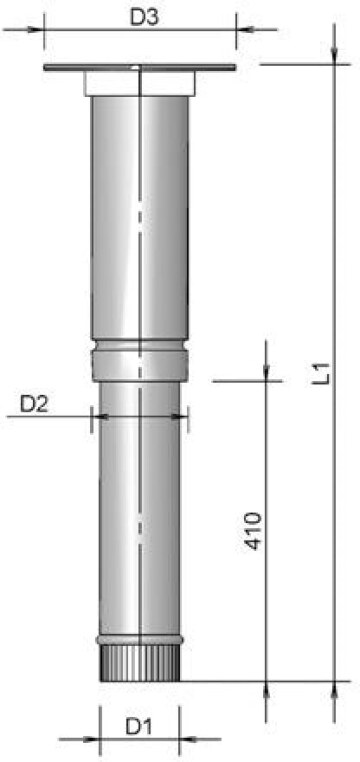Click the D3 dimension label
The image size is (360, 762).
[144, 18]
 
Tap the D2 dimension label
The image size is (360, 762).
[34, 404]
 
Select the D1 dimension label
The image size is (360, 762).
[139, 727]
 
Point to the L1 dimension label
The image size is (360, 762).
[323, 374]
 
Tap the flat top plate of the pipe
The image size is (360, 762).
[140, 68]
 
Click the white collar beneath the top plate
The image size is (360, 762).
[140, 84]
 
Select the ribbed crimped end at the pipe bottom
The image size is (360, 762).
[140, 663]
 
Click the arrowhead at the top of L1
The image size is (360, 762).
[334, 56]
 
